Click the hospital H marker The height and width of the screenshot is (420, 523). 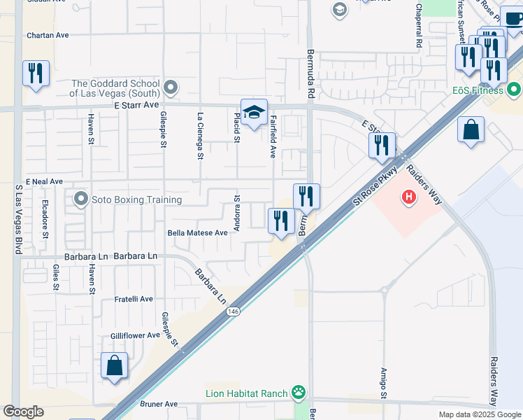pyautogui.click(x=408, y=199)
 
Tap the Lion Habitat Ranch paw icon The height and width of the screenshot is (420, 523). pyautogui.click(x=299, y=393)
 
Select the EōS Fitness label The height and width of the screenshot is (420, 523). pyautogui.click(x=478, y=90)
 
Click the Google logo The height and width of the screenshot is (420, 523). pyautogui.click(x=23, y=412)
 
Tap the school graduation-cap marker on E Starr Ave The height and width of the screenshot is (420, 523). pyautogui.click(x=254, y=112)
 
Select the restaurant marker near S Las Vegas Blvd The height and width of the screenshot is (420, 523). pyautogui.click(x=35, y=73)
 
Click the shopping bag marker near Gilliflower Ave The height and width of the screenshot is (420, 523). pyautogui.click(x=114, y=366)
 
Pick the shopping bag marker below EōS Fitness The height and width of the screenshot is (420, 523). pyautogui.click(x=471, y=130)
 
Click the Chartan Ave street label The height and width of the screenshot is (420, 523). pyautogui.click(x=48, y=35)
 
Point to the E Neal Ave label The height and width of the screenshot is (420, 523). pyautogui.click(x=45, y=181)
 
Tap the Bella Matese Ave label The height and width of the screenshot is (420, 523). pyautogui.click(x=198, y=232)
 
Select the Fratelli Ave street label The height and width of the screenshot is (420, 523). pyautogui.click(x=133, y=299)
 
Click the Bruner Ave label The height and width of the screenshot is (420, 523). pyautogui.click(x=159, y=404)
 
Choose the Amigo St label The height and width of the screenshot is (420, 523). pyautogui.click(x=384, y=384)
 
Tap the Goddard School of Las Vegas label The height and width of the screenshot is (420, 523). pyautogui.click(x=115, y=88)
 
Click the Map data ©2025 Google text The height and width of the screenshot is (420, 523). pyautogui.click(x=479, y=414)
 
